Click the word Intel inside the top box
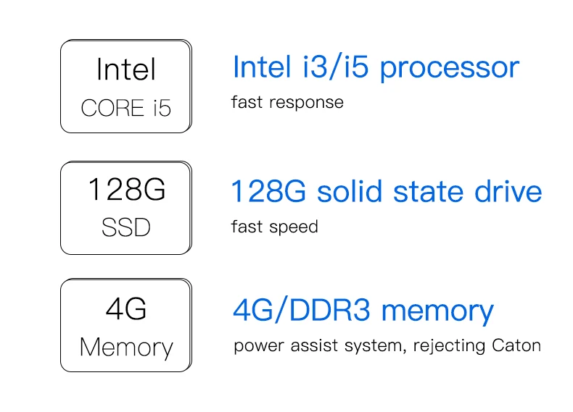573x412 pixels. pyautogui.click(x=125, y=70)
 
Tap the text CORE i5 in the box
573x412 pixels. pyautogui.click(x=125, y=109)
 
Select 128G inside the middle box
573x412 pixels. pyautogui.click(x=126, y=190)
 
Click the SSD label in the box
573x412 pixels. pyautogui.click(x=125, y=228)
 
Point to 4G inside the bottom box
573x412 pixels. pyautogui.click(x=126, y=309)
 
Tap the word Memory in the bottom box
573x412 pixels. pyautogui.click(x=126, y=348)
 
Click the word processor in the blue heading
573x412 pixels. pyautogui.click(x=450, y=68)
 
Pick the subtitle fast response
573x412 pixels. pyautogui.click(x=287, y=102)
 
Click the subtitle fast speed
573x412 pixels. pyautogui.click(x=274, y=227)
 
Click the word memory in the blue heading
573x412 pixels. pyautogui.click(x=437, y=312)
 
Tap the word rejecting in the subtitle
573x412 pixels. pyautogui.click(x=448, y=346)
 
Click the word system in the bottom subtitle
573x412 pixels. pyautogui.click(x=376, y=346)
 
